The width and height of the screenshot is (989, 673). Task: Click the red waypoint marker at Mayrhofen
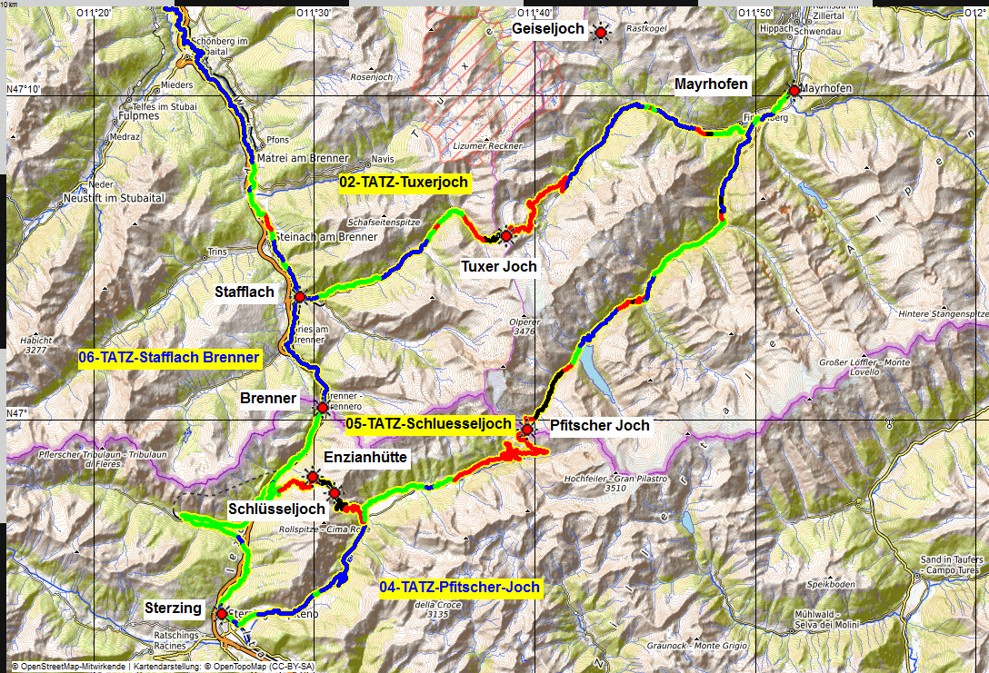794,91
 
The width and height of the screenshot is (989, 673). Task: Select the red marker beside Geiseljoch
600,34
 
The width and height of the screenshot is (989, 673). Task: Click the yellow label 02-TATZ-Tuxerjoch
405,183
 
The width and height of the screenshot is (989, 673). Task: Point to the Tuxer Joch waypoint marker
506,237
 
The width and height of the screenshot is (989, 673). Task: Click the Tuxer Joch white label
499,266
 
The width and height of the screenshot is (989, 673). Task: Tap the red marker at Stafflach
299,297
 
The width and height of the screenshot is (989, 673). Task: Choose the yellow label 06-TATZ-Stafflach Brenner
170,358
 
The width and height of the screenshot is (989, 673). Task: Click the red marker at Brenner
322,408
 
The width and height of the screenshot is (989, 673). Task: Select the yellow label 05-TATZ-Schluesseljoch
416,423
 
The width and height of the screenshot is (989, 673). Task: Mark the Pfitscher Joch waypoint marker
526,429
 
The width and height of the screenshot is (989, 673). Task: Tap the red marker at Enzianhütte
312,477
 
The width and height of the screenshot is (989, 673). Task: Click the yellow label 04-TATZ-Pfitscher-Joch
460,588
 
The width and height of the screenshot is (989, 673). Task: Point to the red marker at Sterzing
221,614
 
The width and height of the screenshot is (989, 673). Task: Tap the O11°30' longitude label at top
315,12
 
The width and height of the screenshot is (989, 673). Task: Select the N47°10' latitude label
24,89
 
